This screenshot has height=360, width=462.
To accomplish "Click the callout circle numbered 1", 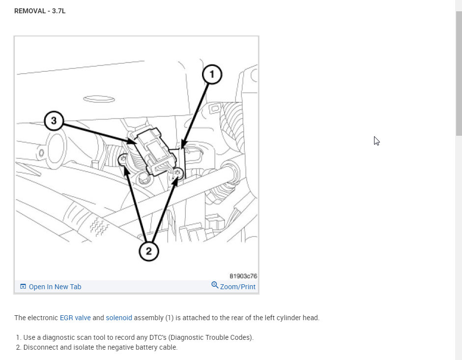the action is [212, 74].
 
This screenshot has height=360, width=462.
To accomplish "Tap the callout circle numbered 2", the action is [149, 251].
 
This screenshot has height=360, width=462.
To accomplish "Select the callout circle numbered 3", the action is [54, 120].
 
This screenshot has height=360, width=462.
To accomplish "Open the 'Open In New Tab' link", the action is [55, 287].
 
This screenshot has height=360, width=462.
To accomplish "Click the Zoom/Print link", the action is [238, 287].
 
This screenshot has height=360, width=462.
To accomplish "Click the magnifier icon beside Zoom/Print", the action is [215, 285].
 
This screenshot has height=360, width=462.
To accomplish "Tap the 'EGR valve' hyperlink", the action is [75, 318].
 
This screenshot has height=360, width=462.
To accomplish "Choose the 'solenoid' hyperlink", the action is [119, 318].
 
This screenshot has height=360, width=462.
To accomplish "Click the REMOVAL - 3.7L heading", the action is [40, 11].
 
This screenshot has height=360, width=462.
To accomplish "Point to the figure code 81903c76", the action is [243, 276].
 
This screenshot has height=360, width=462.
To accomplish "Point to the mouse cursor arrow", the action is [376, 141].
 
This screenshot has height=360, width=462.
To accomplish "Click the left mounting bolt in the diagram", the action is [123, 159].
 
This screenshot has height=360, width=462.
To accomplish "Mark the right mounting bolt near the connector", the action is [178, 173].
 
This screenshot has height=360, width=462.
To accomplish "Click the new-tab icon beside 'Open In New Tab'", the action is [23, 286].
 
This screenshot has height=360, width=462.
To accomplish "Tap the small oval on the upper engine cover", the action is [99, 99].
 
